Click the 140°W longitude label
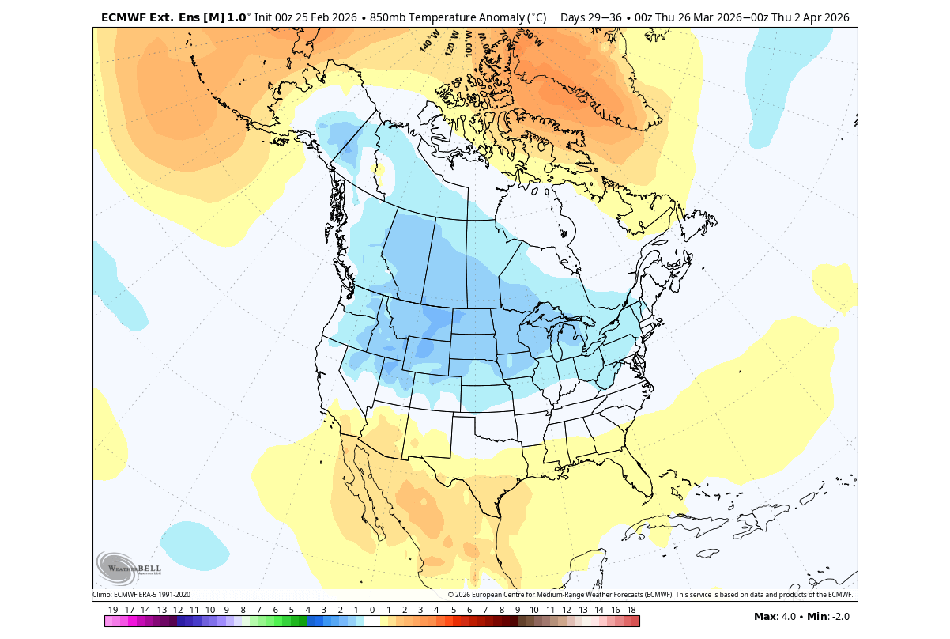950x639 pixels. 429,42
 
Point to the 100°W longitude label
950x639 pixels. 468,41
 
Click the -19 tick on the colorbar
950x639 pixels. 111,610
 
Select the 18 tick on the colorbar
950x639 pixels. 631,610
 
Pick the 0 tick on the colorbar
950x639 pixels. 372,610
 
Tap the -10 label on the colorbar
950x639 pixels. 209,610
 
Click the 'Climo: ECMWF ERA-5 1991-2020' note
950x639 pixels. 141,595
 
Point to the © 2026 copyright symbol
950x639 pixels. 450,595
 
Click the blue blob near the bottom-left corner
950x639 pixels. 194,545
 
